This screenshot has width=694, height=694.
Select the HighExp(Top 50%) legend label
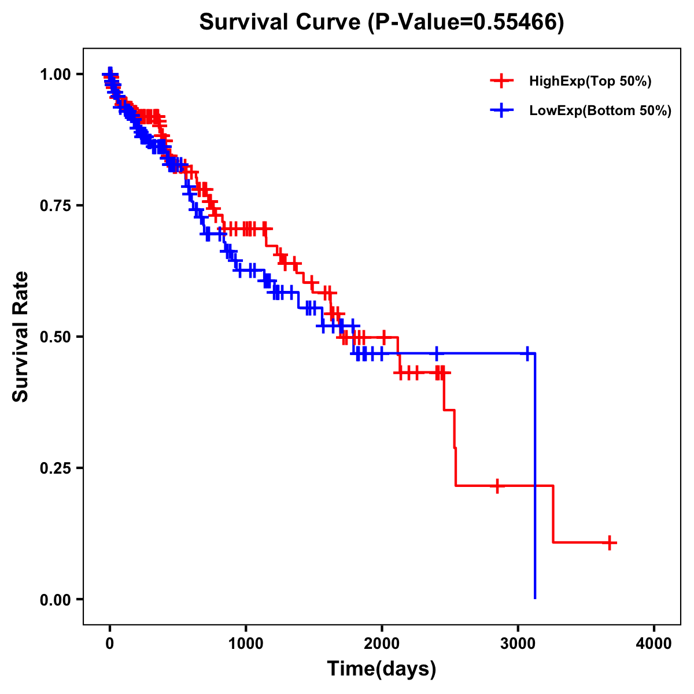click(590, 82)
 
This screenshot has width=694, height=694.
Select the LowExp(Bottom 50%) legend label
click(600, 111)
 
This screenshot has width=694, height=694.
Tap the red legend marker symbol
click(501, 82)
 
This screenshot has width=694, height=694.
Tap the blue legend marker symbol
click(501, 110)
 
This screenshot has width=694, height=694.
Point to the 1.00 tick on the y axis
click(54, 74)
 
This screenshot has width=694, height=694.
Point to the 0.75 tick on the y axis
click(54, 205)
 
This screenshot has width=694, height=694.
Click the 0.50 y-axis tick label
click(54, 337)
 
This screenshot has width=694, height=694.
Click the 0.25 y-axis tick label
click(54, 468)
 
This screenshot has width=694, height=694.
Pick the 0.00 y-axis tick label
click(54, 599)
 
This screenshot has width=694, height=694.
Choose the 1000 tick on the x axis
click(246, 644)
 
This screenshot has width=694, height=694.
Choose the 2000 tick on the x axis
click(382, 644)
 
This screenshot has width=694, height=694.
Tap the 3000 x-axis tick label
click(518, 644)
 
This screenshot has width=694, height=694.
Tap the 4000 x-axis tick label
click(654, 644)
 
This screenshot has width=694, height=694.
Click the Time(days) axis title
click(382, 669)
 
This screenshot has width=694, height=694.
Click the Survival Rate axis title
click(21, 337)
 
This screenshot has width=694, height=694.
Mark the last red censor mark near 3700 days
click(610, 542)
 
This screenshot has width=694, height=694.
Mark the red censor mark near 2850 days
click(497, 486)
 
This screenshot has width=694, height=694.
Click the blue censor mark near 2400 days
click(437, 353)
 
